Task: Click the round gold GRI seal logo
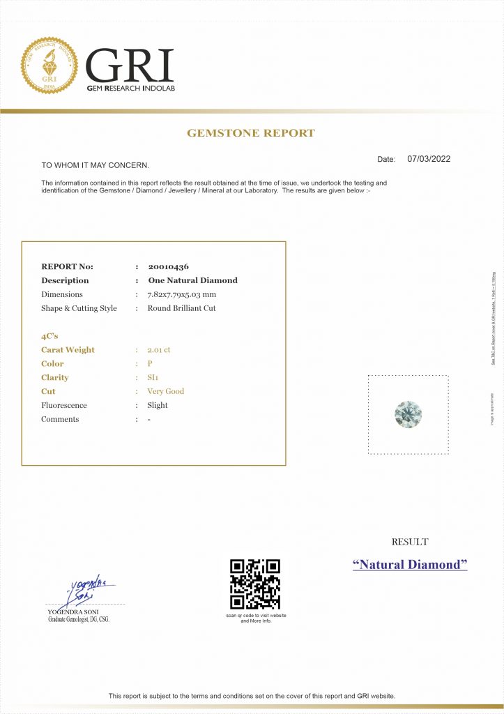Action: click(x=49, y=66)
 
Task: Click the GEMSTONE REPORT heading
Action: click(x=251, y=133)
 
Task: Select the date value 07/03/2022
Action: click(x=429, y=159)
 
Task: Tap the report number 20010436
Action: click(x=168, y=266)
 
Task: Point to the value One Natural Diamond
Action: click(x=192, y=280)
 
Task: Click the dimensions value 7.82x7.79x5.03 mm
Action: click(x=182, y=294)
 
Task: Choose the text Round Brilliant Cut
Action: click(x=181, y=308)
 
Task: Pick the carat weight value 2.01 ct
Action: click(x=159, y=350)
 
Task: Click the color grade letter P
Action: click(x=150, y=364)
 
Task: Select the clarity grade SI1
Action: click(x=153, y=378)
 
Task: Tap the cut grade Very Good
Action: click(x=166, y=392)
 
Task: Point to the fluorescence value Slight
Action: click(x=158, y=405)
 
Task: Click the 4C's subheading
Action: click(x=49, y=336)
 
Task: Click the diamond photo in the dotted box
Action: click(x=408, y=414)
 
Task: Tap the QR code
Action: click(x=255, y=584)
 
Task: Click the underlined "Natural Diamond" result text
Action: click(x=410, y=565)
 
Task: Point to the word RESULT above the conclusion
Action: click(x=410, y=542)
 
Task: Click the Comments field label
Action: click(x=60, y=419)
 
